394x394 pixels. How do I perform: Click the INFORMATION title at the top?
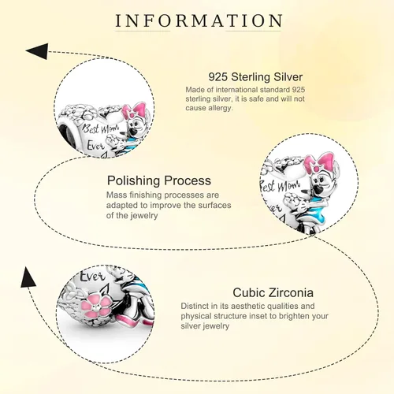point(199,20)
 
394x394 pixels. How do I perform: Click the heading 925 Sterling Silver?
point(255,77)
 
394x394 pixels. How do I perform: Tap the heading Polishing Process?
point(159,181)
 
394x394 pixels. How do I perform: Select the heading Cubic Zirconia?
point(273,292)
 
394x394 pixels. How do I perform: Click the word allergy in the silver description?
point(219,108)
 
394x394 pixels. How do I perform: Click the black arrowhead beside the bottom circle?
point(27,277)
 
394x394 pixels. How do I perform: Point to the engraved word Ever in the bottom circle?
point(92,277)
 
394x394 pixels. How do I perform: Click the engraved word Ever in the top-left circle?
point(96,145)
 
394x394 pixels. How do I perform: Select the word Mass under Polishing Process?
point(117,195)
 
